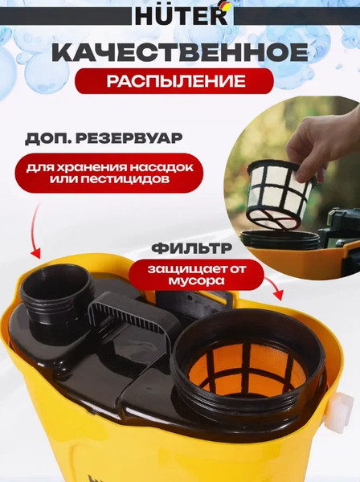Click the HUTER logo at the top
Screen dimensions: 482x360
[179, 15]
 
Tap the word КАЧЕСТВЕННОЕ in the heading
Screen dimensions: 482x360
[180, 53]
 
